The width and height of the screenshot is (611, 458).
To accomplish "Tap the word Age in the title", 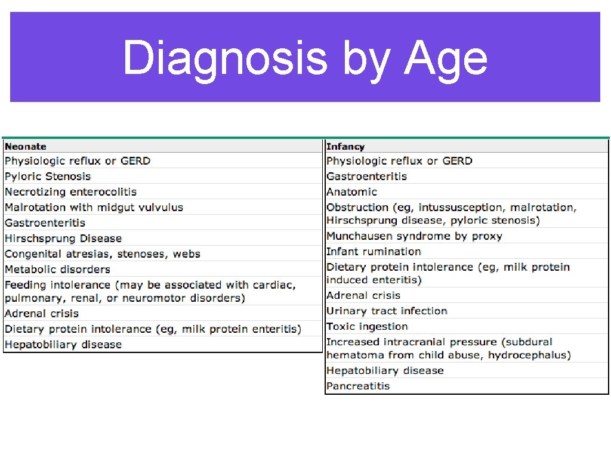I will click(446, 58).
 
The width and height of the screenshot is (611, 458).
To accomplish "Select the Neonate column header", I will click(26, 147).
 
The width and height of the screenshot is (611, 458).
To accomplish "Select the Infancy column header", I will click(345, 147).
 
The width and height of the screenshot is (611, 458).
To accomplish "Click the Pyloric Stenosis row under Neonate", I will click(48, 177).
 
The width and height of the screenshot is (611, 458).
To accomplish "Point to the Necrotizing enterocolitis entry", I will click(70, 192).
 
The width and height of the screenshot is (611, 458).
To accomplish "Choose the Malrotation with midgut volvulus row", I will click(94, 208).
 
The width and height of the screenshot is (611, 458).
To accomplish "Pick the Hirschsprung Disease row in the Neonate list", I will click(63, 239).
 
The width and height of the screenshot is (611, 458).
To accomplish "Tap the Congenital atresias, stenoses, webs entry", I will click(103, 254).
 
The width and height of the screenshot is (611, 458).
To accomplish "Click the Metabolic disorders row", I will click(57, 270).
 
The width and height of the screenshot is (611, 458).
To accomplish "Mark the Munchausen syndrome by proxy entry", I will click(414, 236).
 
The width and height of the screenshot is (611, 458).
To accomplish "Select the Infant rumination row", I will click(374, 252).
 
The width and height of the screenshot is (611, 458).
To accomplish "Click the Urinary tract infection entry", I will click(387, 311).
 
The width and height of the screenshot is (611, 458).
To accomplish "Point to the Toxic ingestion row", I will click(367, 327).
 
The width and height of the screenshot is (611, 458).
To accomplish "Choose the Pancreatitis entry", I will click(358, 386).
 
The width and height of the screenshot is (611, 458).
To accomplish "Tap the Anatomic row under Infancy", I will click(352, 192).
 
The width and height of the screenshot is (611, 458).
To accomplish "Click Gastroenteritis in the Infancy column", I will click(366, 177).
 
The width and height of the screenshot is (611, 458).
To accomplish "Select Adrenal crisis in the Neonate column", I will click(42, 314).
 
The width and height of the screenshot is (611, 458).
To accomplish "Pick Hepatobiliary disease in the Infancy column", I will click(385, 371).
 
